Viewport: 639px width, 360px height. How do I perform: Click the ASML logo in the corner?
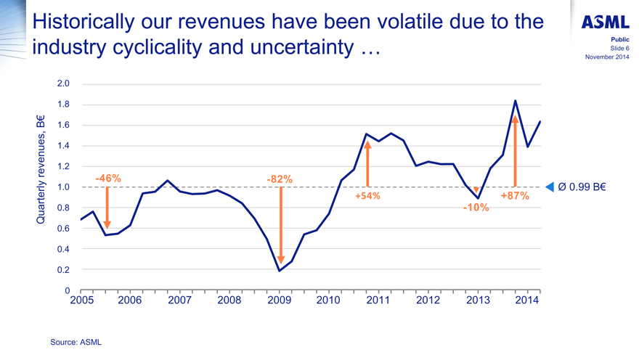point(605,23)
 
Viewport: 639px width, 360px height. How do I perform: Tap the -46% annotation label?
point(108,179)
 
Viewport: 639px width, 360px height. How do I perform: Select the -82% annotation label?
point(280,179)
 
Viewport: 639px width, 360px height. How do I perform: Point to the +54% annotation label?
point(367,196)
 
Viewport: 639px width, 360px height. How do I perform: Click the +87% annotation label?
point(515,196)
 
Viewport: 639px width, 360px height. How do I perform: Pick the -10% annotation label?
point(476,208)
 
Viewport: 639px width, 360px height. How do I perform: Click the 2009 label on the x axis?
point(279,300)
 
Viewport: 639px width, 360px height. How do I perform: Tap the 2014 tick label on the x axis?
point(527,300)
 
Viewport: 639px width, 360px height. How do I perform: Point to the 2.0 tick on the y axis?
point(63,84)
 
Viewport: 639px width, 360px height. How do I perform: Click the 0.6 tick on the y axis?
point(63,229)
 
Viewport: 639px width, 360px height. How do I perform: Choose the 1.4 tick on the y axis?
point(63,146)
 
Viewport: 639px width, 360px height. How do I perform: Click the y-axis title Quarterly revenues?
point(41,169)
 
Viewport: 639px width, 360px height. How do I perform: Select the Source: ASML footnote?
point(76,341)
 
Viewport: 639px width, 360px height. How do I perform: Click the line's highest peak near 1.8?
point(515,101)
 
